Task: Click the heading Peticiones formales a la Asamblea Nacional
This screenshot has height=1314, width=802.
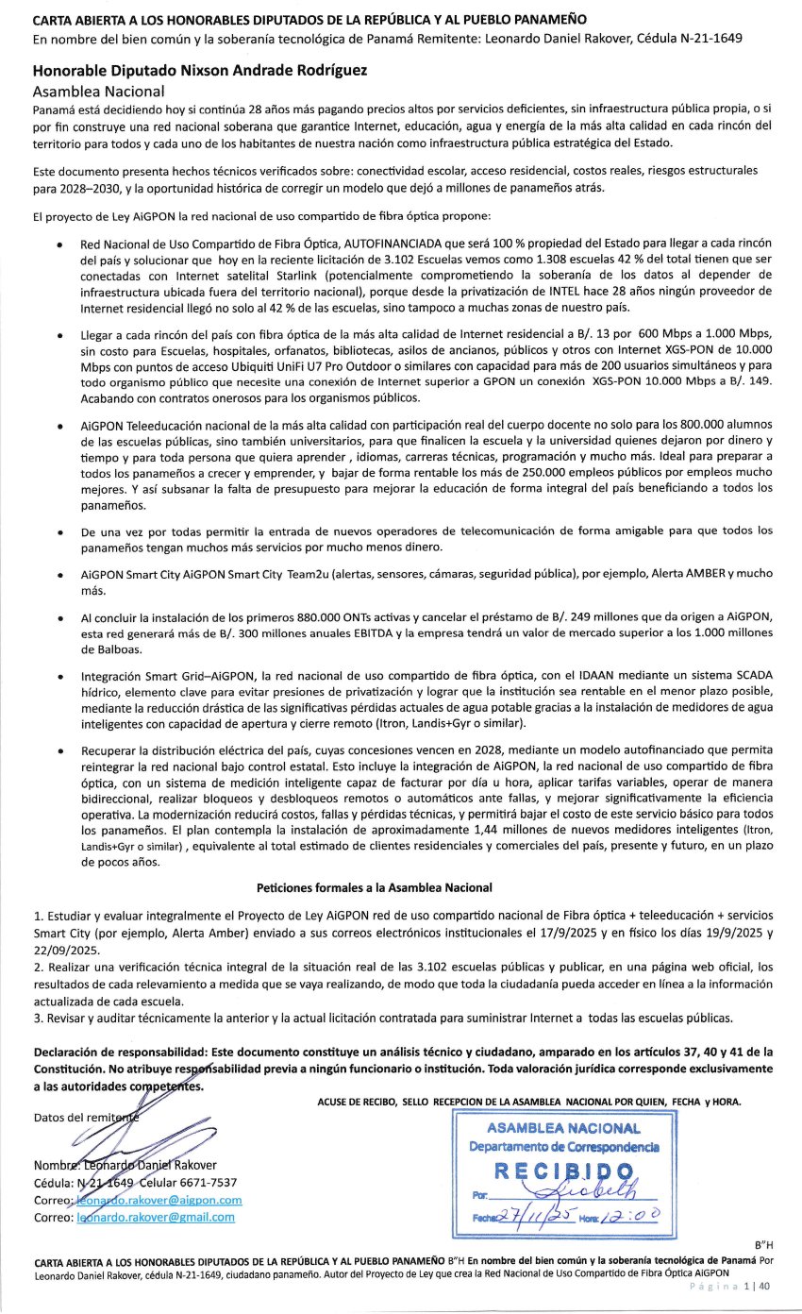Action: point(374,888)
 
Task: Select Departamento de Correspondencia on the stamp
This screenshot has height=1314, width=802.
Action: point(563,1146)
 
